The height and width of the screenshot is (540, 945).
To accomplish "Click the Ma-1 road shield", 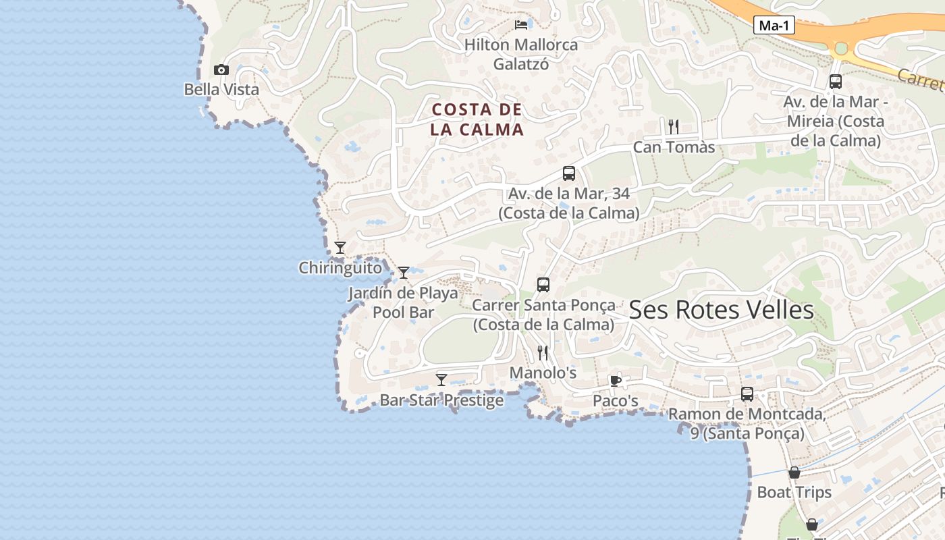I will [x=774, y=26].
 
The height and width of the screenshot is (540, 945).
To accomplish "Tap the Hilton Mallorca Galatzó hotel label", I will [x=521, y=55].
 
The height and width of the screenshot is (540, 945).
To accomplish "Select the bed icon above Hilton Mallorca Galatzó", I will [x=521, y=25].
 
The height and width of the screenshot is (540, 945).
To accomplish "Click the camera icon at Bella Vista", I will [x=221, y=70].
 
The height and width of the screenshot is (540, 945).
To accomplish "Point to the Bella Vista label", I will [x=221, y=89].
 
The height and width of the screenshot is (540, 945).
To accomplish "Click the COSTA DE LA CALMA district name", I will [x=477, y=119].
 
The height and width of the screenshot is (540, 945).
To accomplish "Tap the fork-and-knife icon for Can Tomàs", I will [x=673, y=126].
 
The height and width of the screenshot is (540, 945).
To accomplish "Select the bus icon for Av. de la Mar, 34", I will [x=569, y=173].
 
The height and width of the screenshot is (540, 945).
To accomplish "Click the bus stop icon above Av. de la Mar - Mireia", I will [x=835, y=82].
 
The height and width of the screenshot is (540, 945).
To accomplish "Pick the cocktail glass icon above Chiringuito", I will [x=340, y=248].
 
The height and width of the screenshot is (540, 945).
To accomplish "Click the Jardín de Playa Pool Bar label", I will [x=403, y=302].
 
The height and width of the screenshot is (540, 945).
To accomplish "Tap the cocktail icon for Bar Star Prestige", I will [x=441, y=379].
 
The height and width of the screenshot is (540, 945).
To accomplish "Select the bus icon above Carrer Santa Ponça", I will [x=543, y=285].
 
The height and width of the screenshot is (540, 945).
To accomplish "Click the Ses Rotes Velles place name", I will [x=721, y=310].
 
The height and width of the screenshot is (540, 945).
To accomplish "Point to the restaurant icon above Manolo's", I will [x=543, y=352].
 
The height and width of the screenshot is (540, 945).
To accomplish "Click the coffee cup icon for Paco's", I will [x=615, y=381].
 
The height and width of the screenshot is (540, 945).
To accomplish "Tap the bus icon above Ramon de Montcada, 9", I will [x=747, y=394].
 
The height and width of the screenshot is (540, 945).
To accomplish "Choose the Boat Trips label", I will [x=794, y=492].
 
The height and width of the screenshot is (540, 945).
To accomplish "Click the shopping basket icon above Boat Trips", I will [x=794, y=473].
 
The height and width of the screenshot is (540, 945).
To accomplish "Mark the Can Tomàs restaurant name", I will [x=674, y=147].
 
